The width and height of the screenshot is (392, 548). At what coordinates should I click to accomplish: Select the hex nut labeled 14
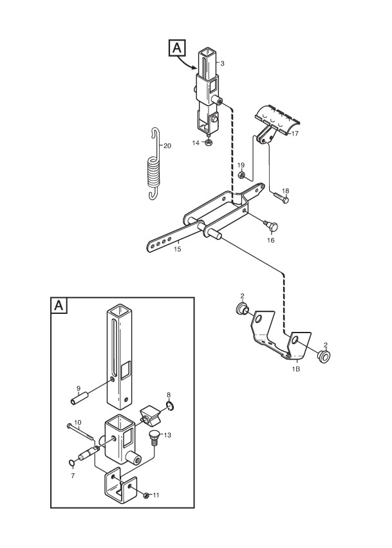[x=209, y=143]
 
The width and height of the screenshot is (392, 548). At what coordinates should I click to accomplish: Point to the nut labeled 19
[x=241, y=175]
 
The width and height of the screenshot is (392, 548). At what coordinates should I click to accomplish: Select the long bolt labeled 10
[x=80, y=431]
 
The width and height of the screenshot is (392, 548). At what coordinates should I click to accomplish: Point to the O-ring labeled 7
[x=71, y=464]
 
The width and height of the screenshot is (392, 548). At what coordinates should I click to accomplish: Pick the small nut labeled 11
[x=147, y=495]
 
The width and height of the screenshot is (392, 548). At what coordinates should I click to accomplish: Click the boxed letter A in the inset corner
[x=59, y=306]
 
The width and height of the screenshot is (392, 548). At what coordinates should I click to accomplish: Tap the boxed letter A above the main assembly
[x=177, y=48]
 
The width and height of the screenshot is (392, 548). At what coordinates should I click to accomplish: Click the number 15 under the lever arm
[x=177, y=249]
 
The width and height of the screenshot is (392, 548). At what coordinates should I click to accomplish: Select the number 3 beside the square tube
[x=222, y=63]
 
